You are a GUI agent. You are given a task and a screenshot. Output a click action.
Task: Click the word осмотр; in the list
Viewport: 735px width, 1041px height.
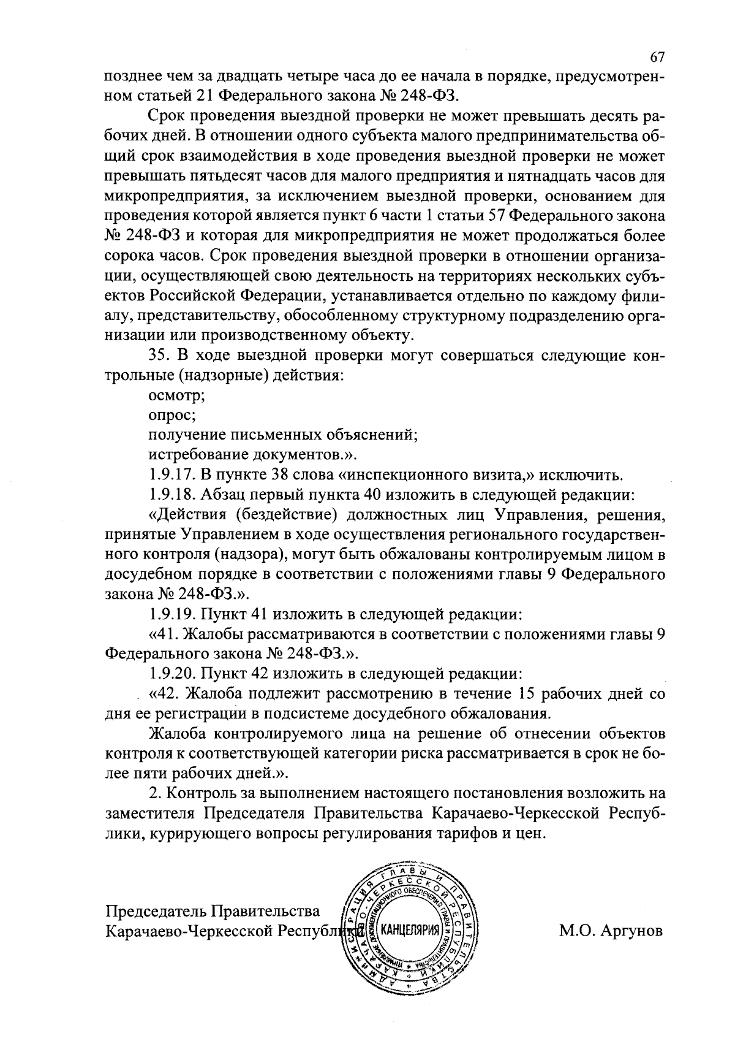[x=177, y=395]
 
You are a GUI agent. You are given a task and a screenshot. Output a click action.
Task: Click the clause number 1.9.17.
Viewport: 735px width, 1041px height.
[x=171, y=475]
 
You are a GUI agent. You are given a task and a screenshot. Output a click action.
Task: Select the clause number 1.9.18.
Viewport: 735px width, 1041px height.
[x=171, y=494]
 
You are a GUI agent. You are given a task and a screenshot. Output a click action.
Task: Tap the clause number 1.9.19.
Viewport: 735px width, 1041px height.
[x=171, y=614]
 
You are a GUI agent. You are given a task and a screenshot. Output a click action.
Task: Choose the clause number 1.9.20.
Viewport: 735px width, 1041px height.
[x=171, y=674]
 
